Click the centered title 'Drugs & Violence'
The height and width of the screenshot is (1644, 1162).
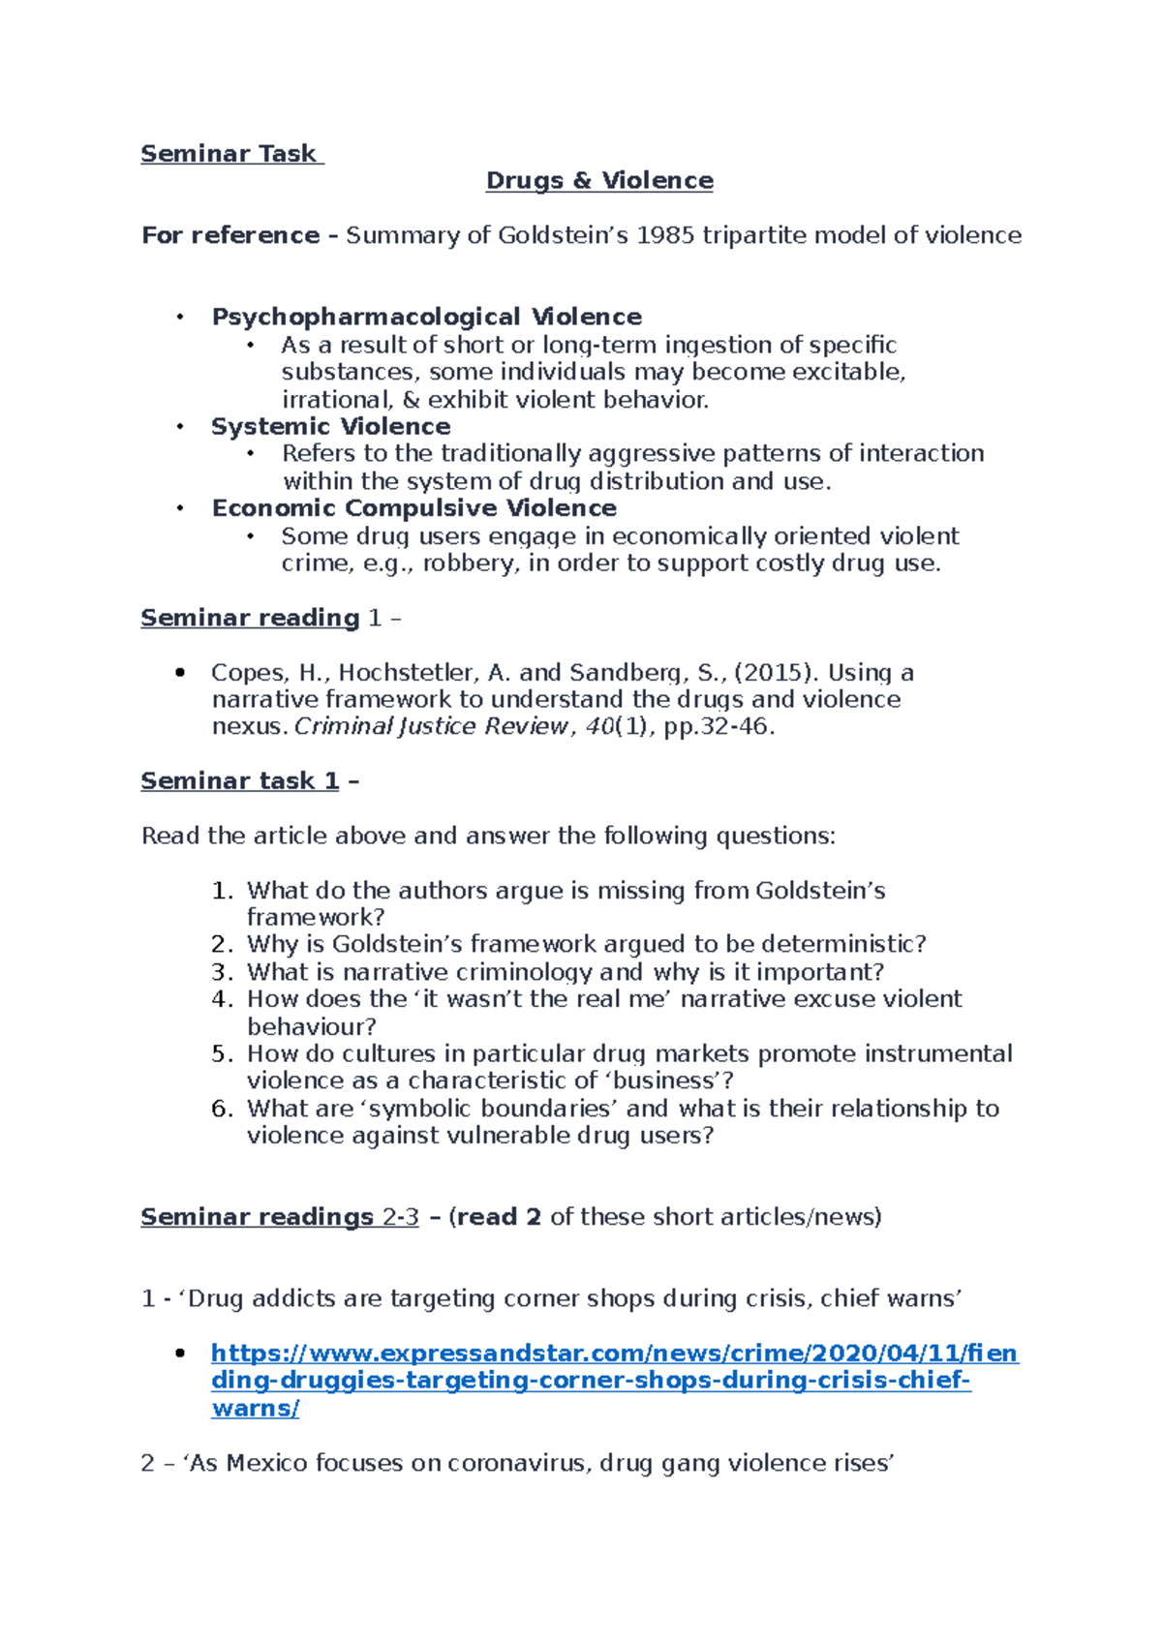click(x=599, y=181)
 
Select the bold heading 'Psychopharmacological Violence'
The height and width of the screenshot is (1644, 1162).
click(x=427, y=318)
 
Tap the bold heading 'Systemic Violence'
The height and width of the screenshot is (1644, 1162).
click(x=331, y=427)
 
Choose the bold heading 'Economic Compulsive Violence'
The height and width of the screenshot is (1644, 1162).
click(x=414, y=508)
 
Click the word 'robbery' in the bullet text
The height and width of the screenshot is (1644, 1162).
click(x=469, y=563)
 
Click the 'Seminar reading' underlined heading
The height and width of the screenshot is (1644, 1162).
click(x=250, y=618)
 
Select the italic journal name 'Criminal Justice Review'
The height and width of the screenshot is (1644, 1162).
click(x=431, y=727)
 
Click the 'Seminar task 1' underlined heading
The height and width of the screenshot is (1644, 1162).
click(x=240, y=781)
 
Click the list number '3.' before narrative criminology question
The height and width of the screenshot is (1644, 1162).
click(x=222, y=972)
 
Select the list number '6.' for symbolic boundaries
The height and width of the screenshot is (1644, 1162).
click(x=222, y=1109)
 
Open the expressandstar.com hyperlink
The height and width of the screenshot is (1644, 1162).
click(x=614, y=1354)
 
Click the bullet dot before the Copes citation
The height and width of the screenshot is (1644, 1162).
click(x=180, y=673)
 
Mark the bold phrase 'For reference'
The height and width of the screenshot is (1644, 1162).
click(x=230, y=235)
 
